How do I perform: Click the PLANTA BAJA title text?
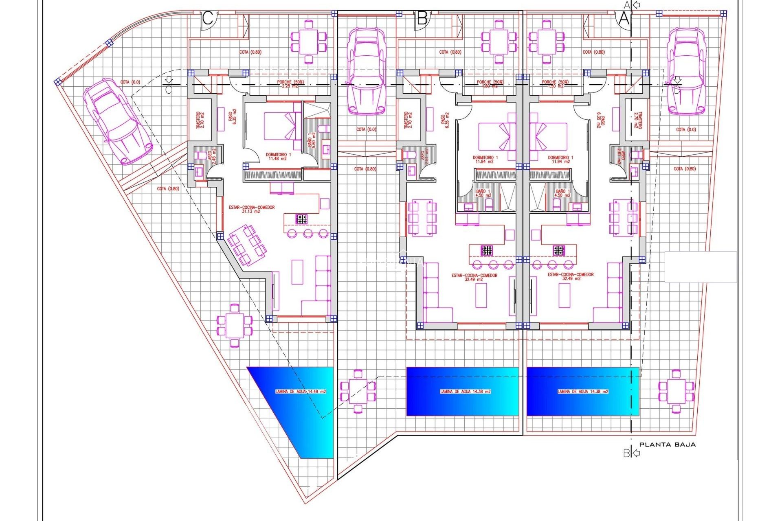[667, 444]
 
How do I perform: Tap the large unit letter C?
[208, 19]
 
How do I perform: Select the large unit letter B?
[422, 19]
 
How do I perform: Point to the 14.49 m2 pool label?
[301, 392]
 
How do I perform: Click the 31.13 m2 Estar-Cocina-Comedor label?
[252, 209]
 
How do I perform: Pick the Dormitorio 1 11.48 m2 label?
[278, 157]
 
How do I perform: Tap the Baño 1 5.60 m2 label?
[312, 140]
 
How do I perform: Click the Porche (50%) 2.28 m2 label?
[290, 84]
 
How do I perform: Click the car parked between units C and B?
[366, 71]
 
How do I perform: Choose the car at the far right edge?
[686, 71]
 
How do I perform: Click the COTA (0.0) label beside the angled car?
[130, 82]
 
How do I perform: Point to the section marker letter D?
[677, 90]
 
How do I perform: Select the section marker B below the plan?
[626, 453]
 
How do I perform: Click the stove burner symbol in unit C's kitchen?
[301, 219]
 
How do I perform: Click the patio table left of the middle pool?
[358, 391]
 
